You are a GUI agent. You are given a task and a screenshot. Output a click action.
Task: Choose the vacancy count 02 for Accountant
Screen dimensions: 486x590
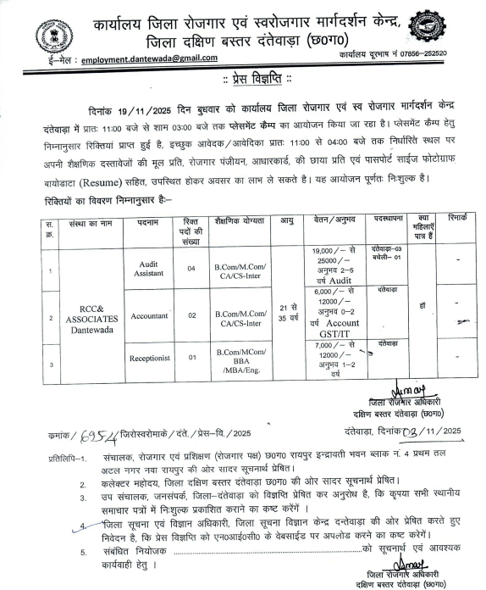(x=191, y=315)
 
